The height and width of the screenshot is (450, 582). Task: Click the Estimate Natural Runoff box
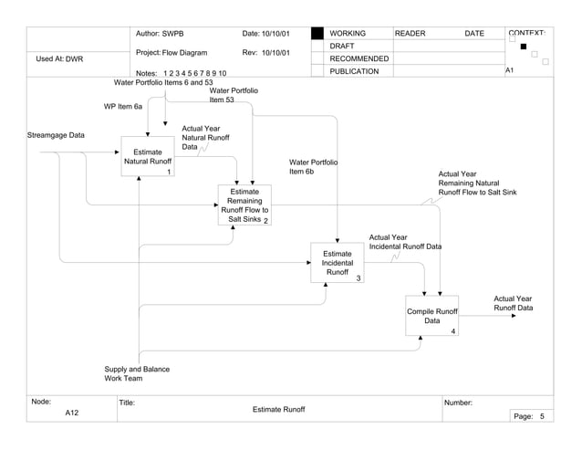[147, 156]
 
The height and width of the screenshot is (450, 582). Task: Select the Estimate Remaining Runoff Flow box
[244, 205]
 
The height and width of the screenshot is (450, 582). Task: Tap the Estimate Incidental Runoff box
[337, 263]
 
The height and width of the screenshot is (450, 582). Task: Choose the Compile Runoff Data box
[431, 316]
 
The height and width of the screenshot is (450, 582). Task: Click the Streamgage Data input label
[56, 135]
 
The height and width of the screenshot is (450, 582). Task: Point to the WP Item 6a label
[123, 107]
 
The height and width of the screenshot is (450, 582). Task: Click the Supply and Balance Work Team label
[137, 373]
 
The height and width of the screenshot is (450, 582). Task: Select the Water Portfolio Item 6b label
[313, 166]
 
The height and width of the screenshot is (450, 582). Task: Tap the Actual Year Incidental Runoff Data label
[404, 242]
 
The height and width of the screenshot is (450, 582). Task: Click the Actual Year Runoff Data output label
[513, 303]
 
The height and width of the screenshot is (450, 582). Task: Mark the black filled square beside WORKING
[317, 34]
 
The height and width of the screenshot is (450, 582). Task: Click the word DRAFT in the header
[342, 46]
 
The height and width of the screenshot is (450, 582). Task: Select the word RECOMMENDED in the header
[359, 58]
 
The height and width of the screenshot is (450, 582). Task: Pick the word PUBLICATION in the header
[354, 71]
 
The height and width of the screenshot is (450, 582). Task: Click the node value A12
[72, 413]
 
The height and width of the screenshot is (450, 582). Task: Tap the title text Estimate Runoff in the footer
[278, 409]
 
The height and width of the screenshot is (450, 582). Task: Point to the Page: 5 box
[528, 416]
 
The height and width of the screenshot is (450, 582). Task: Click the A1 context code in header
[510, 70]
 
